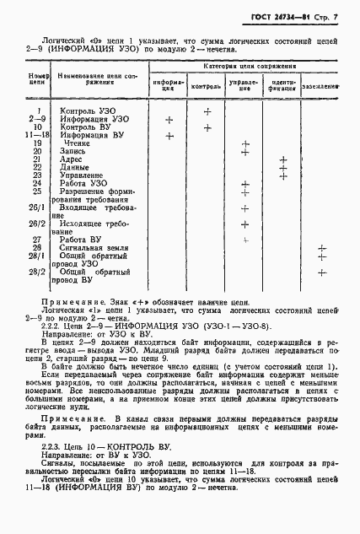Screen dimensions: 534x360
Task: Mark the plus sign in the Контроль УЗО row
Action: point(207,111)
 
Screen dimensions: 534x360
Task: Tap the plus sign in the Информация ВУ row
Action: point(169,135)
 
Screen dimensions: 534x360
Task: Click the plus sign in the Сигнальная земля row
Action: point(321,248)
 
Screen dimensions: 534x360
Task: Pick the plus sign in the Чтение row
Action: point(245,144)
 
